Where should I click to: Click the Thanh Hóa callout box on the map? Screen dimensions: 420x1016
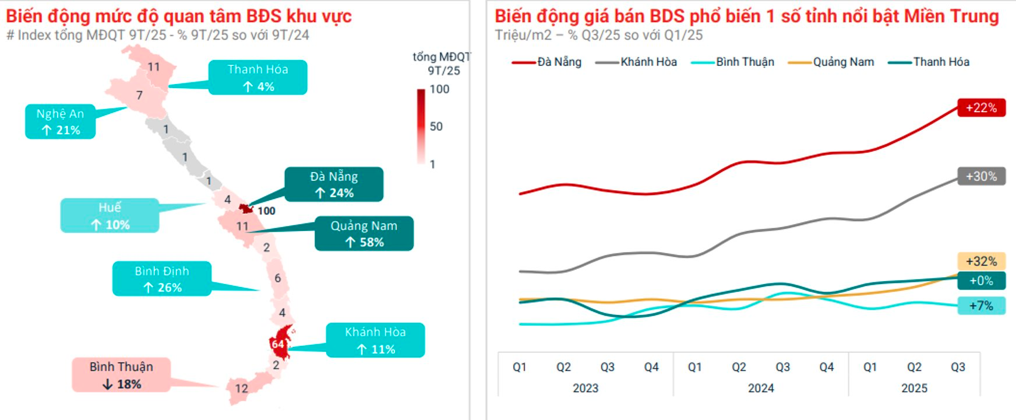pos(257,78)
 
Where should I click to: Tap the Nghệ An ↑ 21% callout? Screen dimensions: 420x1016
pos(60,122)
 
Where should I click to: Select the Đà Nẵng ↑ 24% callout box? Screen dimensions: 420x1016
pos(334,184)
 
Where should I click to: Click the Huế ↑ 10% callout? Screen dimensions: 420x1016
pos(110,216)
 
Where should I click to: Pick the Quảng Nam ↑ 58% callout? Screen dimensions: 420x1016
pos(364,234)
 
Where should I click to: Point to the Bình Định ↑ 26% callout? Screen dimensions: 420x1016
pos(162,279)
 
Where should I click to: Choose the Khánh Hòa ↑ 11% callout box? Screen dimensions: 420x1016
pos(375,340)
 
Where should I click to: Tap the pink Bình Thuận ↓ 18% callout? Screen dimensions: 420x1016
pos(121,375)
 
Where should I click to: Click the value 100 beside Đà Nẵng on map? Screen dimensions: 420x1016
pos(266,211)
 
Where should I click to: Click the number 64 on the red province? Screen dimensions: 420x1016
pos(278,344)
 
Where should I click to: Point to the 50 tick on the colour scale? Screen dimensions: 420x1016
pos(436,127)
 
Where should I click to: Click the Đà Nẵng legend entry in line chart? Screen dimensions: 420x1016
pos(547,62)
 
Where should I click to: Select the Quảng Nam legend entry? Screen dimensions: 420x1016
pos(831,62)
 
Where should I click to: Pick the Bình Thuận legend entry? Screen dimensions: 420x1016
pos(733,62)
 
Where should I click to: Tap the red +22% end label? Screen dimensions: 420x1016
pos(982,108)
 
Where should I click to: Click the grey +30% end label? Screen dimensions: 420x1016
pos(982,176)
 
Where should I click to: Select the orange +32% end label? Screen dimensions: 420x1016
pos(982,261)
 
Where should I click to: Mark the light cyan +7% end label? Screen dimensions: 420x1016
pos(982,306)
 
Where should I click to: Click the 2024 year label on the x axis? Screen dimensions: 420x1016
pos(761,388)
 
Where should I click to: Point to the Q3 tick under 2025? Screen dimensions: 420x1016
pos(958,367)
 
